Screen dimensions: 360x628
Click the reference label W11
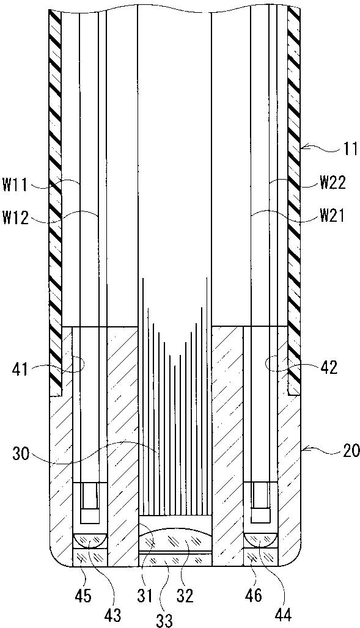[x=15, y=186]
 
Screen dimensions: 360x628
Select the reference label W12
[x=15, y=219]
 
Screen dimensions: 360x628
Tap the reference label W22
[x=332, y=184]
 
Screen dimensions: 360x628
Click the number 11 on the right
[x=350, y=150]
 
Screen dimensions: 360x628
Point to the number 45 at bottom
[x=83, y=596]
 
